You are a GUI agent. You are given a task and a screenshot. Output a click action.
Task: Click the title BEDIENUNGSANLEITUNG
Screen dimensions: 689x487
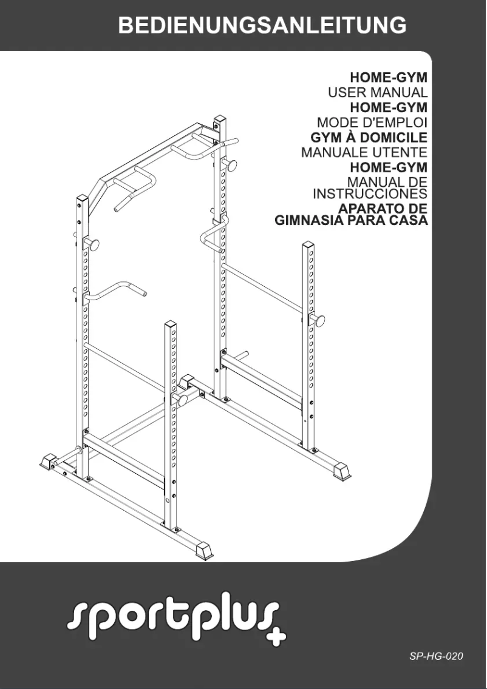click(262, 25)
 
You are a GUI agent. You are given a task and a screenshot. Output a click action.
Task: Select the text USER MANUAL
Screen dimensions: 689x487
click(378, 93)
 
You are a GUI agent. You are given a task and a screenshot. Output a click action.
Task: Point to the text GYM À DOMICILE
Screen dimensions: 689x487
click(369, 137)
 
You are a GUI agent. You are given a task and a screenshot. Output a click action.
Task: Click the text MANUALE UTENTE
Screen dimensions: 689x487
click(364, 152)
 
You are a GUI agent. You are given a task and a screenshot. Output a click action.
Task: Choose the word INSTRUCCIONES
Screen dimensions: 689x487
click(370, 194)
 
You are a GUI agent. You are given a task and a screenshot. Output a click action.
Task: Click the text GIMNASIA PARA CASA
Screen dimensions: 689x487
click(352, 220)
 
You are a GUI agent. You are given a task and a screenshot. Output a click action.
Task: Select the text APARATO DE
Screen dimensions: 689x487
click(383, 207)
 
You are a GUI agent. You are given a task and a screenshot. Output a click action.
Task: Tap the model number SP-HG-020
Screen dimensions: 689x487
click(436, 656)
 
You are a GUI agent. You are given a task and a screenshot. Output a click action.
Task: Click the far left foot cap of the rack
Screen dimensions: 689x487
click(48, 462)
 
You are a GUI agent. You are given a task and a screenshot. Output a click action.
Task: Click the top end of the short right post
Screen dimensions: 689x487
click(308, 245)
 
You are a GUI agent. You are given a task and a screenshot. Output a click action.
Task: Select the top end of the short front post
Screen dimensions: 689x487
click(170, 325)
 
